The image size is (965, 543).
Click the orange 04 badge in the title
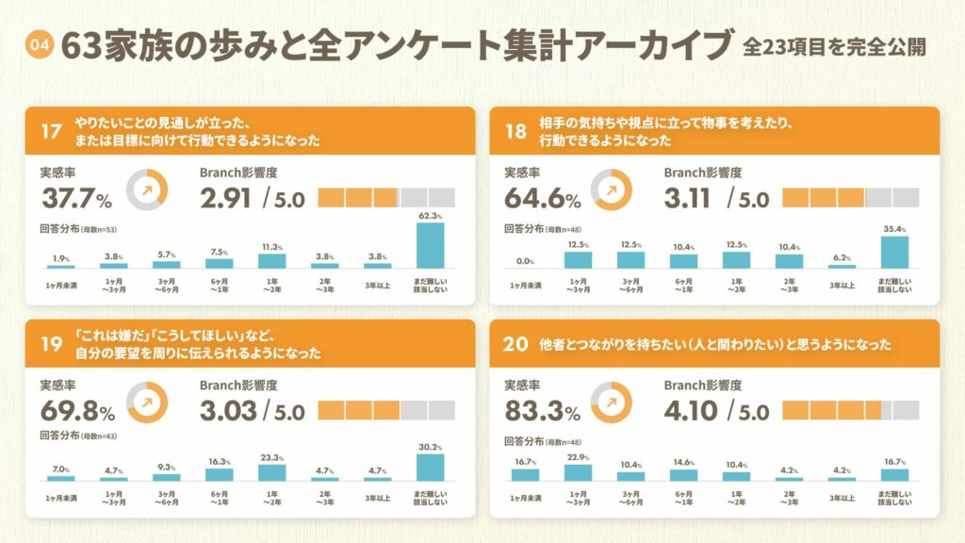[39, 45]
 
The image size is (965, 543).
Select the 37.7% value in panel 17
[76, 198]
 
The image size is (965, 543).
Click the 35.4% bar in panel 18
[895, 253]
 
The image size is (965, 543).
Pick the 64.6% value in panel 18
[541, 198]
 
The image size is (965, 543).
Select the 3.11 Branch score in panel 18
[690, 198]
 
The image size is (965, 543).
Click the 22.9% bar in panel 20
[578, 472]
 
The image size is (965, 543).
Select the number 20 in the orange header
[515, 344]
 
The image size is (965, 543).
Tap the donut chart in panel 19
[146, 401]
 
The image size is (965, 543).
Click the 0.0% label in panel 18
[525, 261]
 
